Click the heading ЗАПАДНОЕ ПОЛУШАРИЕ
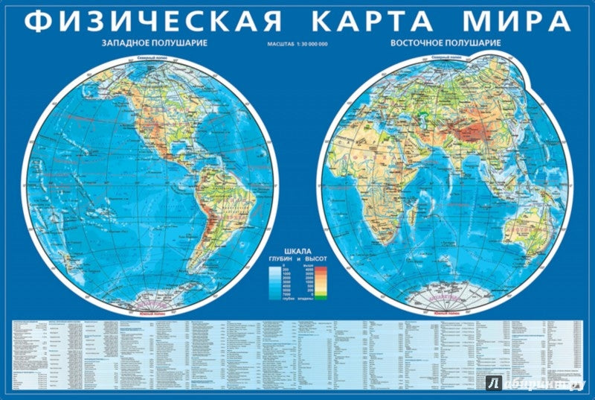[x=154, y=43]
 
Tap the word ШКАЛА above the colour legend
[x=297, y=250]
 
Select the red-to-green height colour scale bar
[x=321, y=281]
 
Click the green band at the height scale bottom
[x=321, y=296]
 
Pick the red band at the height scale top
[x=321, y=266]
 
